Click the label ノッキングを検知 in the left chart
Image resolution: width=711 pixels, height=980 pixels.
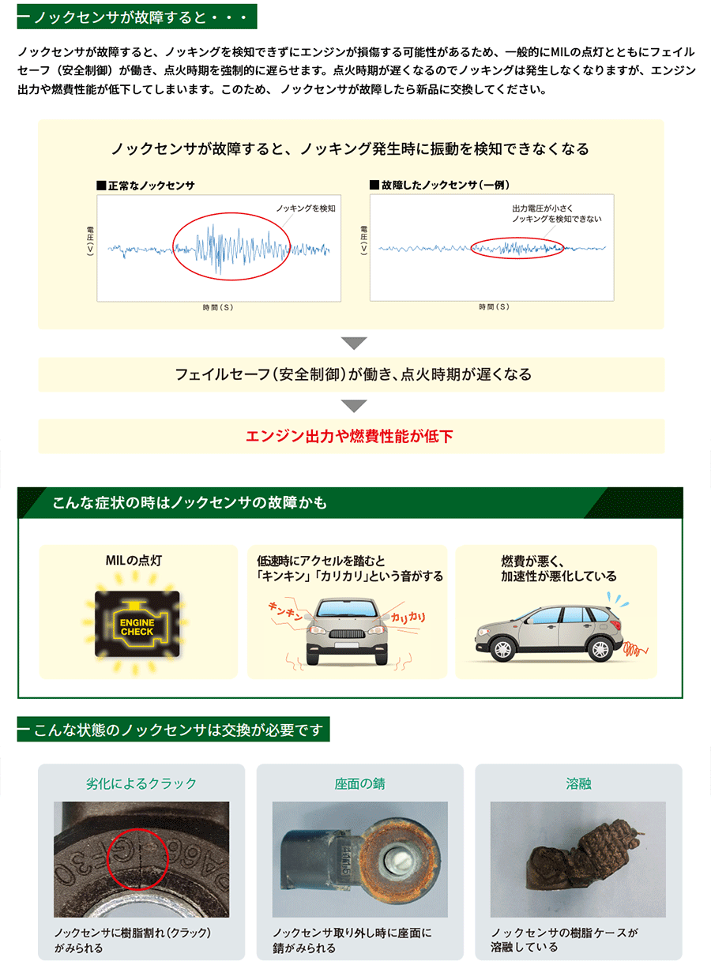pos(306,208)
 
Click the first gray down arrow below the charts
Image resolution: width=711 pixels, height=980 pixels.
pos(353,344)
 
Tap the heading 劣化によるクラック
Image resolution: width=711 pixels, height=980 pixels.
pos(141,784)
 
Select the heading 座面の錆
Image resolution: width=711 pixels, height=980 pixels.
pos(359,784)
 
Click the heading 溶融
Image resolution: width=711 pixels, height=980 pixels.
pos(578,784)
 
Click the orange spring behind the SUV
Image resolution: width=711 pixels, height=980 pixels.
pos(635,650)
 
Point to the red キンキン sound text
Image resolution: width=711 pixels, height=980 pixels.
pos(287,613)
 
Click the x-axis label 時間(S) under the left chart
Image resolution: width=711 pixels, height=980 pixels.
pos(217,307)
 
